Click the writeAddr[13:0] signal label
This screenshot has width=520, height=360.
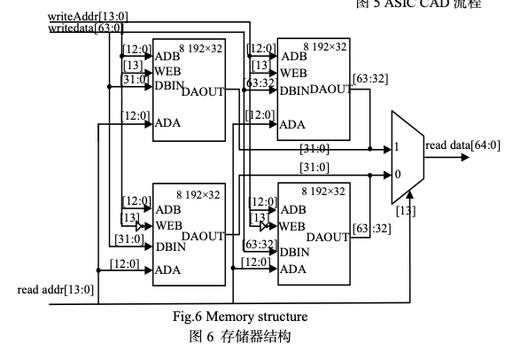88,16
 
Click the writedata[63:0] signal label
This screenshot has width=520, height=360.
86,27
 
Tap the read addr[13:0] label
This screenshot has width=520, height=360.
56,290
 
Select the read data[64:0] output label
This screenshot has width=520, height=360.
462,145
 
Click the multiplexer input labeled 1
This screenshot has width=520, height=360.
397,146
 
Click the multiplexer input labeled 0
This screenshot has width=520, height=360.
398,174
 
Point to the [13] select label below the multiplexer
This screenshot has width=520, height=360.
406,211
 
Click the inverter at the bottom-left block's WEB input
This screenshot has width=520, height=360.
140,227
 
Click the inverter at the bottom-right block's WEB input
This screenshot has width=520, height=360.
264,227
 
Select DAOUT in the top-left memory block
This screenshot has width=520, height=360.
203,91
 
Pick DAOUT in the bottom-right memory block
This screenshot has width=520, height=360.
328,238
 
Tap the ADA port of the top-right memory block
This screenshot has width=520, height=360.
292,125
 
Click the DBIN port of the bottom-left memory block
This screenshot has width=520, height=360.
171,247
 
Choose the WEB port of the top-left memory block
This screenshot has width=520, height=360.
167,71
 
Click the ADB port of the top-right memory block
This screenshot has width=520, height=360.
294,57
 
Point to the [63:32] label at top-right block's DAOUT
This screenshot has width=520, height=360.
370,79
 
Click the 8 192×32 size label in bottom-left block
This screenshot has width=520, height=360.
198,195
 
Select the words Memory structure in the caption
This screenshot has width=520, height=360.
257,317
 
